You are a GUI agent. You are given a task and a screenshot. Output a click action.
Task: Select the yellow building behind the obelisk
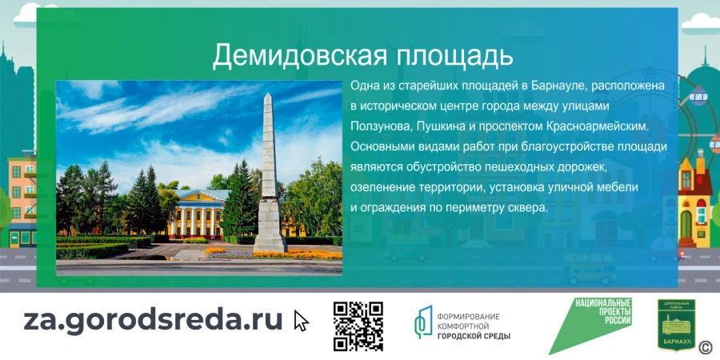pos(199,214)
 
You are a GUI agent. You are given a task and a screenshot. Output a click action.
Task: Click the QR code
pos(358,326)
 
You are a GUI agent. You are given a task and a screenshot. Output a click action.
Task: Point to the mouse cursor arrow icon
pos(301,321)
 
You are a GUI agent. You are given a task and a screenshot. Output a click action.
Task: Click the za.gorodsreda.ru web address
pos(153,319)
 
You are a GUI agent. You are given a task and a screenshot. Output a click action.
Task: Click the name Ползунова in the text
pos(380,126)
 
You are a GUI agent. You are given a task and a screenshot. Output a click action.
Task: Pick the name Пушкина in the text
pos(448,126)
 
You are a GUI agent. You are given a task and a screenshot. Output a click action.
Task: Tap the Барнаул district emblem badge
pos(676,325)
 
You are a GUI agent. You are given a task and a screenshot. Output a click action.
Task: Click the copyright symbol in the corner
pos(706,346)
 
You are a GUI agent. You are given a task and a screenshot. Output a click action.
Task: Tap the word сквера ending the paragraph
pos(526,206)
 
